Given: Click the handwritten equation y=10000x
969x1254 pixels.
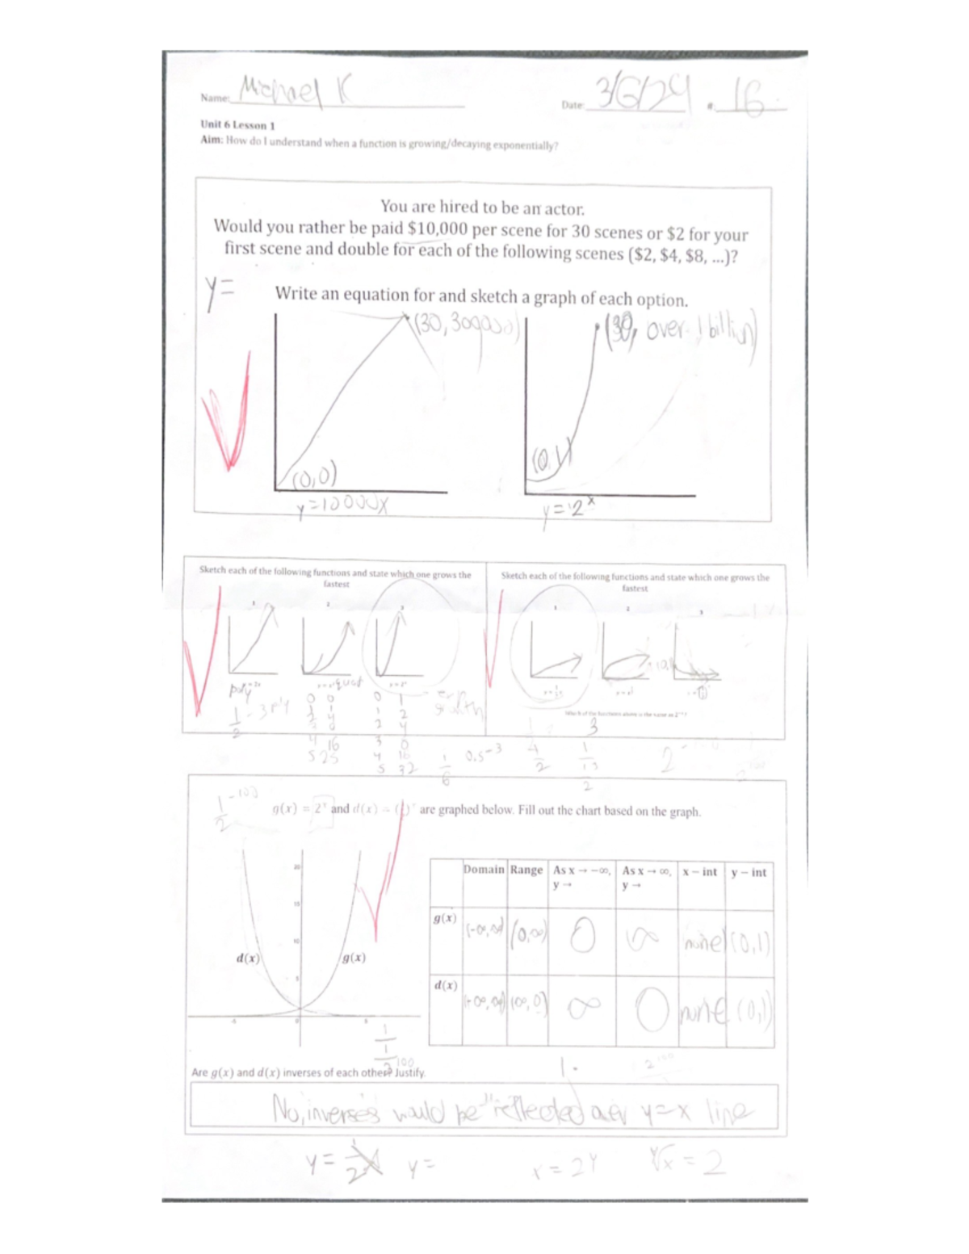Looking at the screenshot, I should pos(342,506).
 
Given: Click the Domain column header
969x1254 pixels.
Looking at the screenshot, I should pos(484,870).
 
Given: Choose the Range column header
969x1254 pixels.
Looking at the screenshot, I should pos(526,870).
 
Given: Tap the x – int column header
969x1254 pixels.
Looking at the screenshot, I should pos(699,872).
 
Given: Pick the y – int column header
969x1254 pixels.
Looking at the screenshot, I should pos(749,872).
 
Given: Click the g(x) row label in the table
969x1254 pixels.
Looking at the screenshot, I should pos(445,918).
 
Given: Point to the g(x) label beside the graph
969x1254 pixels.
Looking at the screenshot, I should pos(353,958).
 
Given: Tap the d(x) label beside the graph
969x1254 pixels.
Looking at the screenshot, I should pos(248,958).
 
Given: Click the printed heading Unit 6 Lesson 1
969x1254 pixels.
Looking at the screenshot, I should pos(237,125).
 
